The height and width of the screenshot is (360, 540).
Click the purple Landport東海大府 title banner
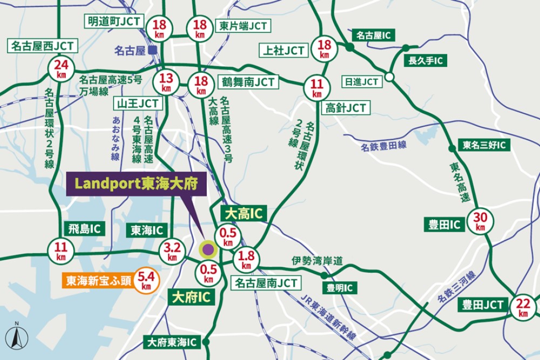click(x=137, y=184)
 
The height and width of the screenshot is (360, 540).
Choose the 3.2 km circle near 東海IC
click(x=172, y=252)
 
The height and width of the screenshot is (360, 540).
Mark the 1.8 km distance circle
click(x=246, y=260)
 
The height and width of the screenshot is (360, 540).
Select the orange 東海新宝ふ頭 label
click(x=98, y=281)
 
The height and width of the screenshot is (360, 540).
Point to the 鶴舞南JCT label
click(x=248, y=82)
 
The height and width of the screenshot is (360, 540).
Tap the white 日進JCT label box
click(x=362, y=81)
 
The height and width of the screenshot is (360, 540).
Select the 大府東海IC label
click(x=172, y=342)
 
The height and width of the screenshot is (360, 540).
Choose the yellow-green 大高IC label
click(x=245, y=213)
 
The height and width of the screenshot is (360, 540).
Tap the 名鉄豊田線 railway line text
click(x=384, y=145)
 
